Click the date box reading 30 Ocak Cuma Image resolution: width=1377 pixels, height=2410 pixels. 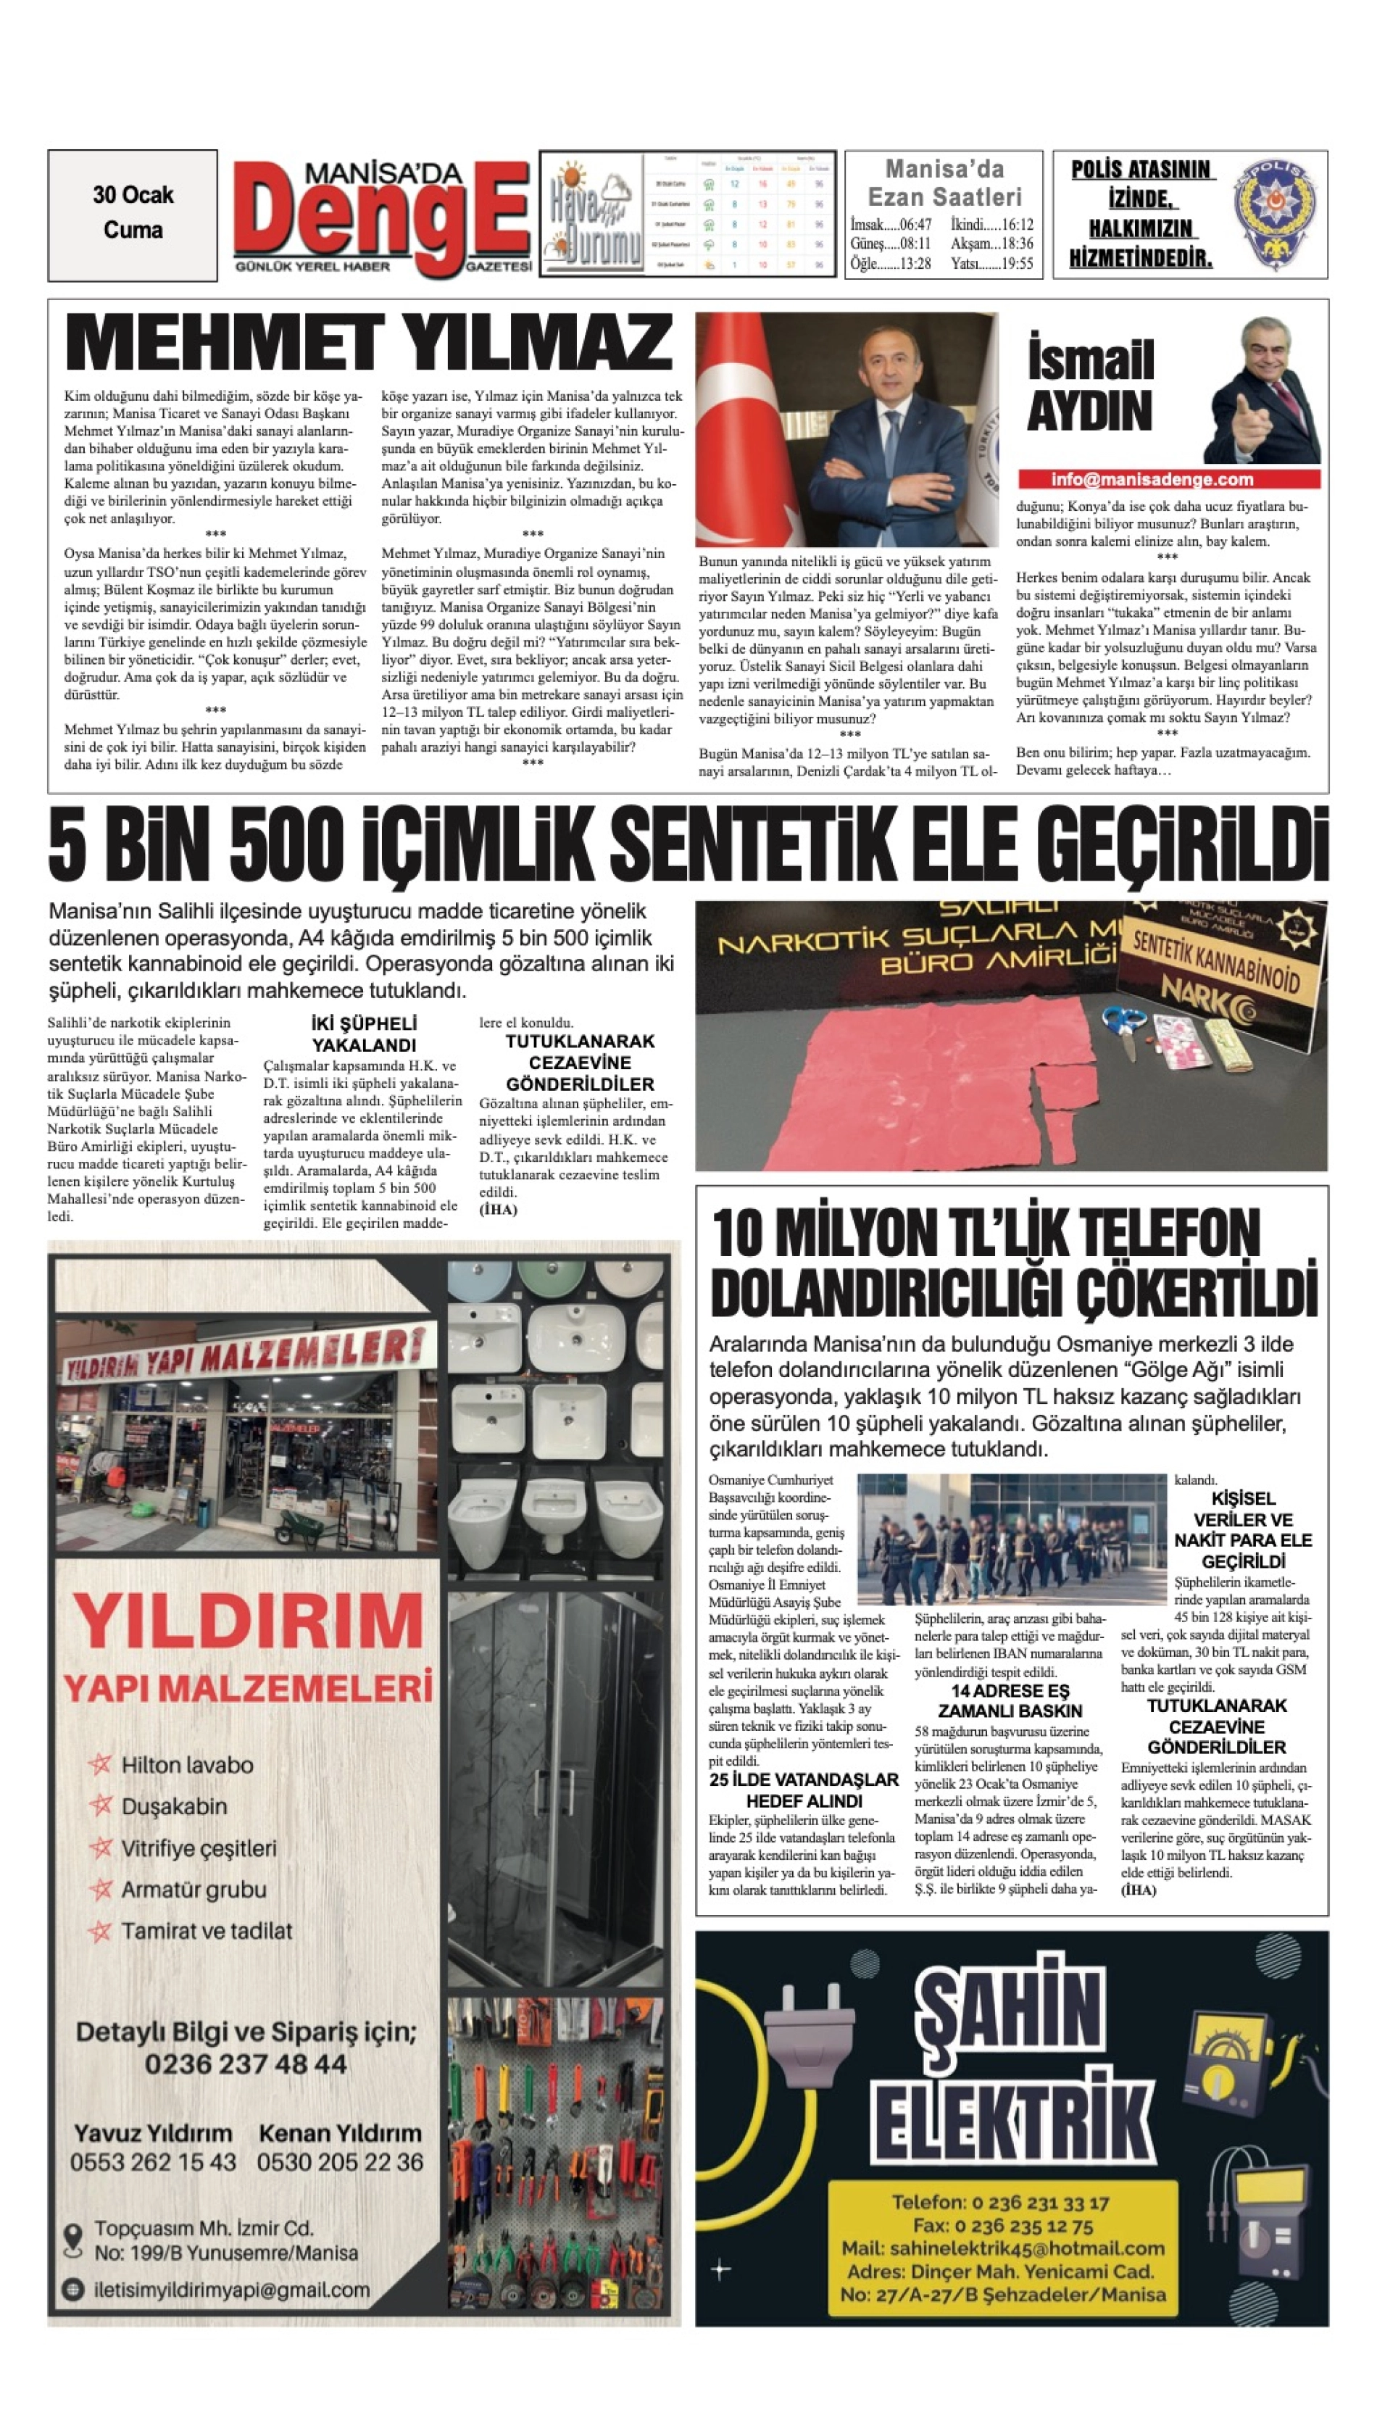click(x=133, y=214)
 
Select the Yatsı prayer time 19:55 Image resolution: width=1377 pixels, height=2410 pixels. click(x=992, y=264)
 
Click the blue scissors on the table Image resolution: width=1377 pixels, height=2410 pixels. click(x=1126, y=1023)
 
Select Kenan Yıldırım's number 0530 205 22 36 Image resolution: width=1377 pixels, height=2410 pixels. click(x=339, y=2162)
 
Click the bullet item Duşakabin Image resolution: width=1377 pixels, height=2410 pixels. click(x=174, y=1806)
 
